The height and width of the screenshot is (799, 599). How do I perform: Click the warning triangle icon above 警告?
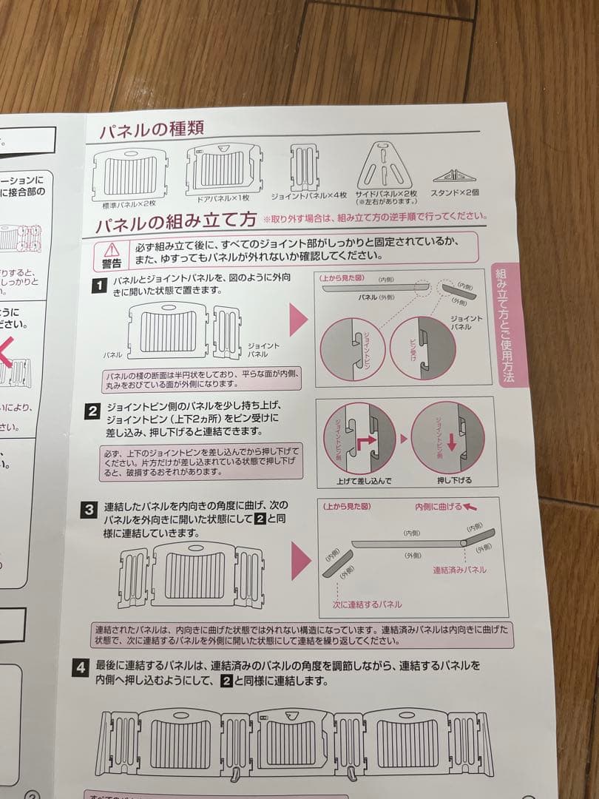112,249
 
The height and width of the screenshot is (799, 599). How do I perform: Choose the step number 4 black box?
82,667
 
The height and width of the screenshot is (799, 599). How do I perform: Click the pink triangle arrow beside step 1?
297,320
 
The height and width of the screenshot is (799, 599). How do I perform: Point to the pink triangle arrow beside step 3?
300,560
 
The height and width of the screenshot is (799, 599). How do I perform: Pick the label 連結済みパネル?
459,570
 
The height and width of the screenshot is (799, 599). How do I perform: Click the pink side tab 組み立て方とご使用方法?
509,325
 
